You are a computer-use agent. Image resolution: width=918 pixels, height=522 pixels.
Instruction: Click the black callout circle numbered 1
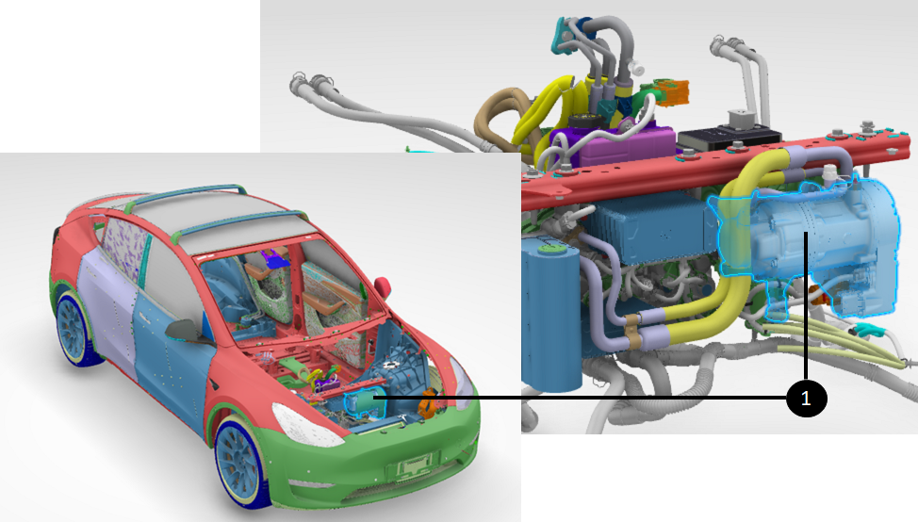(x=806, y=399)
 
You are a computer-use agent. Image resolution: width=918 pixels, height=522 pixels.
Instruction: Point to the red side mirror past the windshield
(x=384, y=286)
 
